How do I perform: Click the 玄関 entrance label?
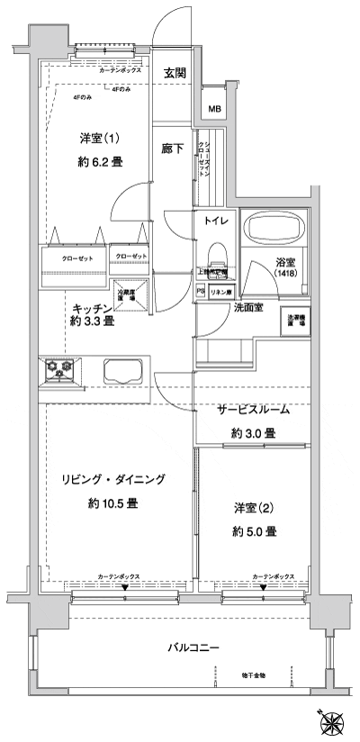(175, 73)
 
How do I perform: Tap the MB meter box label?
(215, 110)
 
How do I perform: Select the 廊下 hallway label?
(172, 149)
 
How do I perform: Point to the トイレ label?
(215, 221)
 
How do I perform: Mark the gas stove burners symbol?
(59, 368)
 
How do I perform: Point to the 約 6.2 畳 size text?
(101, 162)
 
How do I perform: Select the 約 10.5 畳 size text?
(112, 504)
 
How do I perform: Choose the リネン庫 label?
(220, 292)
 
